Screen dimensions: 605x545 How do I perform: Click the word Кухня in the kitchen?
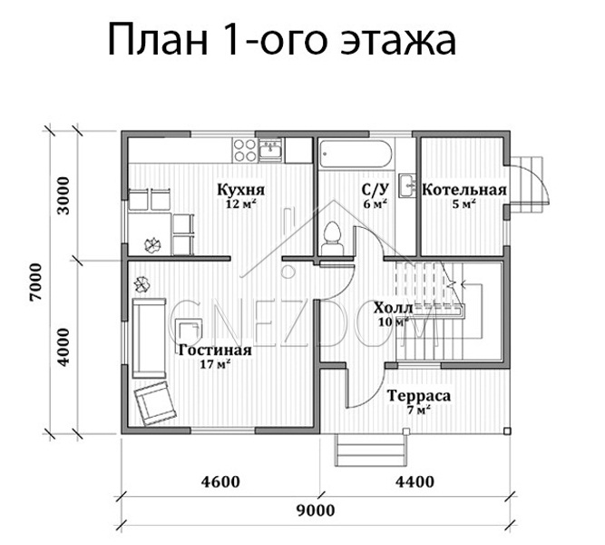click(240, 190)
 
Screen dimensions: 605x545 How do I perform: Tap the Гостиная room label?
click(215, 350)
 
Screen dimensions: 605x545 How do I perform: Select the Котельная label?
click(464, 190)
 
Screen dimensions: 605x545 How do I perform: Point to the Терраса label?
click(419, 396)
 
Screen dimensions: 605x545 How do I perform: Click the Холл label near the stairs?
click(393, 308)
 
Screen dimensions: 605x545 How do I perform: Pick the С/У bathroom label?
click(375, 190)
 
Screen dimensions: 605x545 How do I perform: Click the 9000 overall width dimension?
click(316, 510)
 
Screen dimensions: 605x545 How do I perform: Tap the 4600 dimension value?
click(220, 481)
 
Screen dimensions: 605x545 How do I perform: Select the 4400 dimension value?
click(415, 481)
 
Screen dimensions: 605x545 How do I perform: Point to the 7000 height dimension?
click(36, 282)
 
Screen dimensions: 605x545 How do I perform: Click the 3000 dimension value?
click(63, 195)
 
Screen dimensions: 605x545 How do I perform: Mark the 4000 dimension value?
click(63, 347)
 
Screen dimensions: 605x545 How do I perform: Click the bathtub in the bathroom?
click(356, 154)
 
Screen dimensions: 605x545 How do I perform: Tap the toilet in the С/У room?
click(332, 239)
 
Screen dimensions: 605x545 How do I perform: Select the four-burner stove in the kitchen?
click(245, 151)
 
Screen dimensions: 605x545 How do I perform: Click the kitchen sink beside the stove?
click(271, 150)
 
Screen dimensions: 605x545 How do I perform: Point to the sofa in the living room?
click(149, 338)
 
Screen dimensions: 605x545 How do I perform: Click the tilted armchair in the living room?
click(155, 403)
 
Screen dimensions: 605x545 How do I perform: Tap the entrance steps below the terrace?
click(371, 450)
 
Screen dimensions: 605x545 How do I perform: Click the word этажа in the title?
click(398, 40)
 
